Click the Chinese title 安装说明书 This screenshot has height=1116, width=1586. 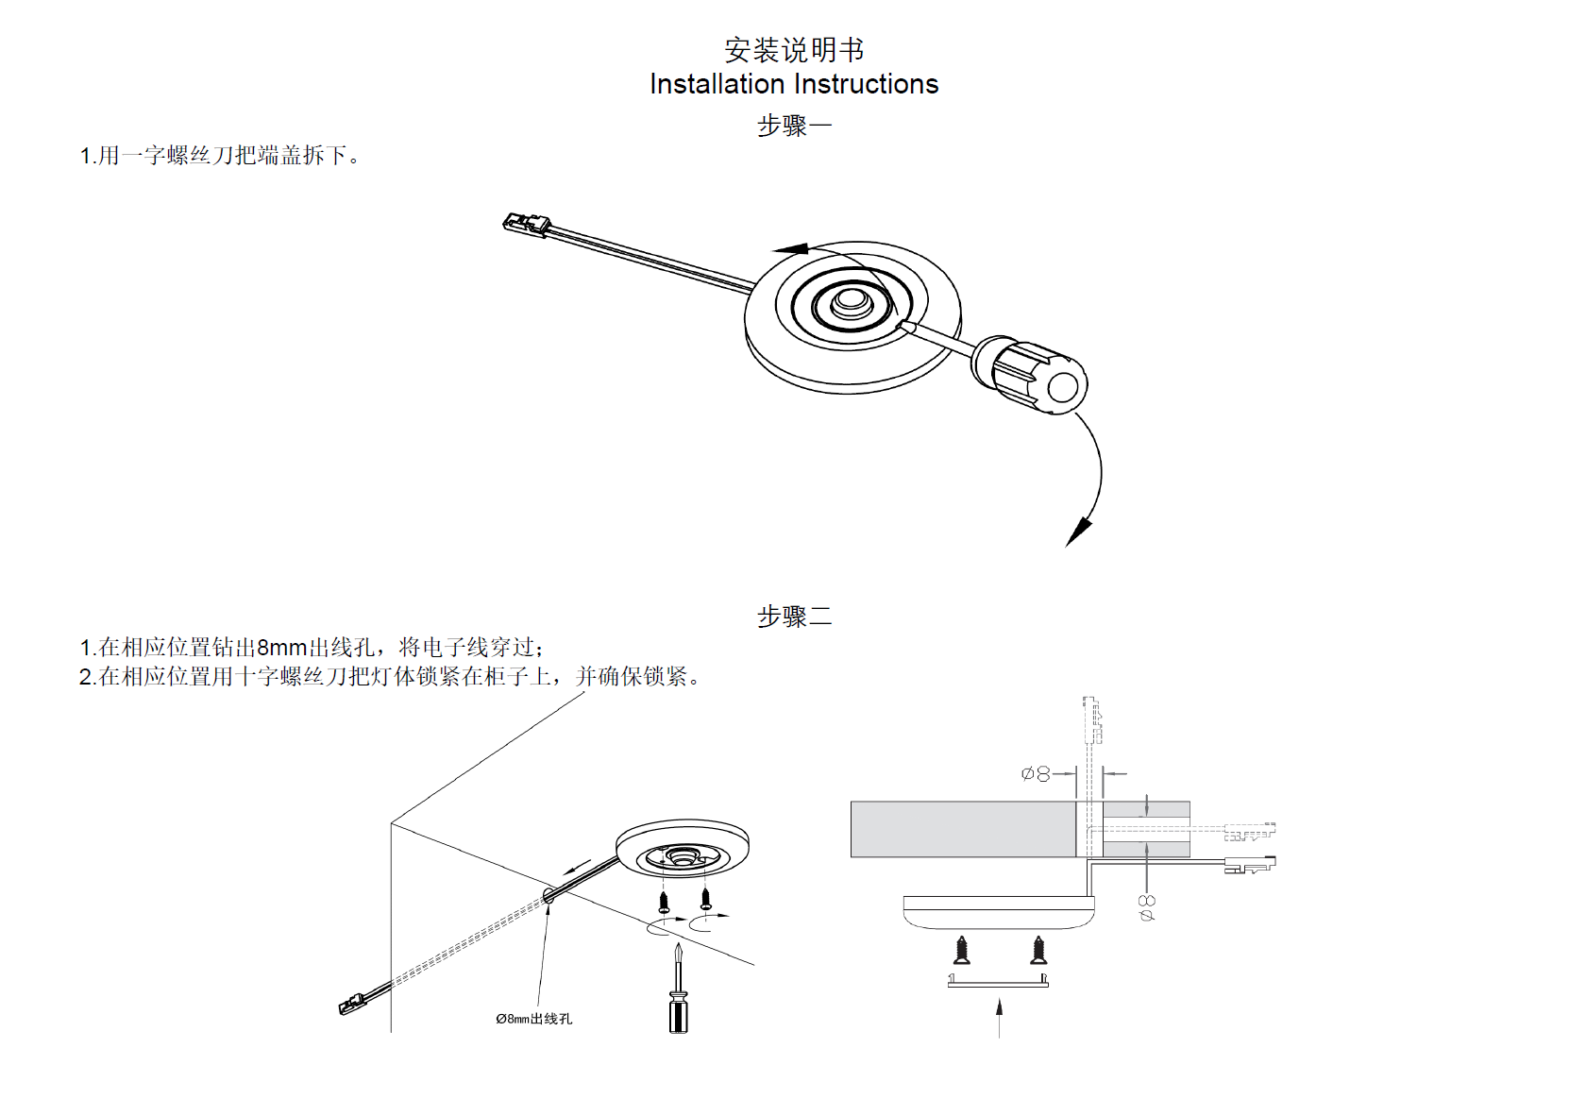point(793,49)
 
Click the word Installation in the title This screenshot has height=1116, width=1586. point(717,84)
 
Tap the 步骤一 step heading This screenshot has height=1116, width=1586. point(794,126)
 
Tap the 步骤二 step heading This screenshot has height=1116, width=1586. point(794,617)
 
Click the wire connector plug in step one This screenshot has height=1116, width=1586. point(526,224)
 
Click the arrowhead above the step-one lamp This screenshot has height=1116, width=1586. point(791,249)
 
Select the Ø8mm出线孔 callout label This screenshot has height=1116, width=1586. point(533,1019)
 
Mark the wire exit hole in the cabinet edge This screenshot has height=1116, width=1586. point(548,892)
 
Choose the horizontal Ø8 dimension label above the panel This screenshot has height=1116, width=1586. point(1036,774)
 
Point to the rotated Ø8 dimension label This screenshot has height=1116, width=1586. point(1147,907)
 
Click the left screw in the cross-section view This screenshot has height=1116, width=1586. point(962,950)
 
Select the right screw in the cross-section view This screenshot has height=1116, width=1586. point(1038,950)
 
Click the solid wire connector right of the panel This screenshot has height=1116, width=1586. point(1248,864)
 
